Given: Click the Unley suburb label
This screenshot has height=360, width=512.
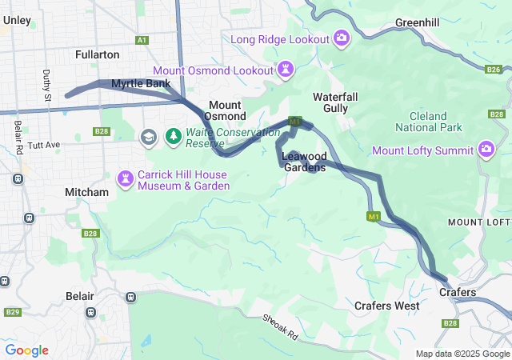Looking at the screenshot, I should [x=17, y=20].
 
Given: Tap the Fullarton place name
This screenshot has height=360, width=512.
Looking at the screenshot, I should [x=97, y=54].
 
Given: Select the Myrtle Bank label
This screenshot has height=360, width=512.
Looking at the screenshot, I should [x=140, y=83].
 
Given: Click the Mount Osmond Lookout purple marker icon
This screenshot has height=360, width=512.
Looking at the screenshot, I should [x=286, y=70].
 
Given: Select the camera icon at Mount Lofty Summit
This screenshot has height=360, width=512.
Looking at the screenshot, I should [x=486, y=149].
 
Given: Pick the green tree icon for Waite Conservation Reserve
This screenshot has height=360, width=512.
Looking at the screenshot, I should [x=174, y=137].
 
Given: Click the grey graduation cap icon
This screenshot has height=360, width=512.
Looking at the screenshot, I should [x=148, y=137].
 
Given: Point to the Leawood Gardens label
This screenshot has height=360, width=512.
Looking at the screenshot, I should [x=304, y=162].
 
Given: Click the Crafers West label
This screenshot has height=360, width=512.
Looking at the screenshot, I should [x=387, y=306].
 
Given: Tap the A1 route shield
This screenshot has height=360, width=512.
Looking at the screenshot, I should [x=142, y=39].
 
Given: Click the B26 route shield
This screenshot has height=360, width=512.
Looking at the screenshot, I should [x=494, y=70].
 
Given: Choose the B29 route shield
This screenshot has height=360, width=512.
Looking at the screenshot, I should [x=11, y=312].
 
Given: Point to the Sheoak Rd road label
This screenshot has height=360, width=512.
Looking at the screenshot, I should [x=280, y=326].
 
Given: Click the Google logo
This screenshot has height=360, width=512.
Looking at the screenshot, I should [x=26, y=350].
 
